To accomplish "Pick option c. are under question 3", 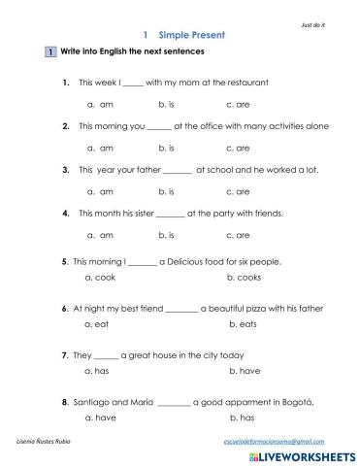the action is [x=237, y=191].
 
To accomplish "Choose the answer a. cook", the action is [x=101, y=278].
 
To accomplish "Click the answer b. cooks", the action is [x=244, y=278].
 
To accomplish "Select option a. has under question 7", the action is [x=99, y=370].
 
